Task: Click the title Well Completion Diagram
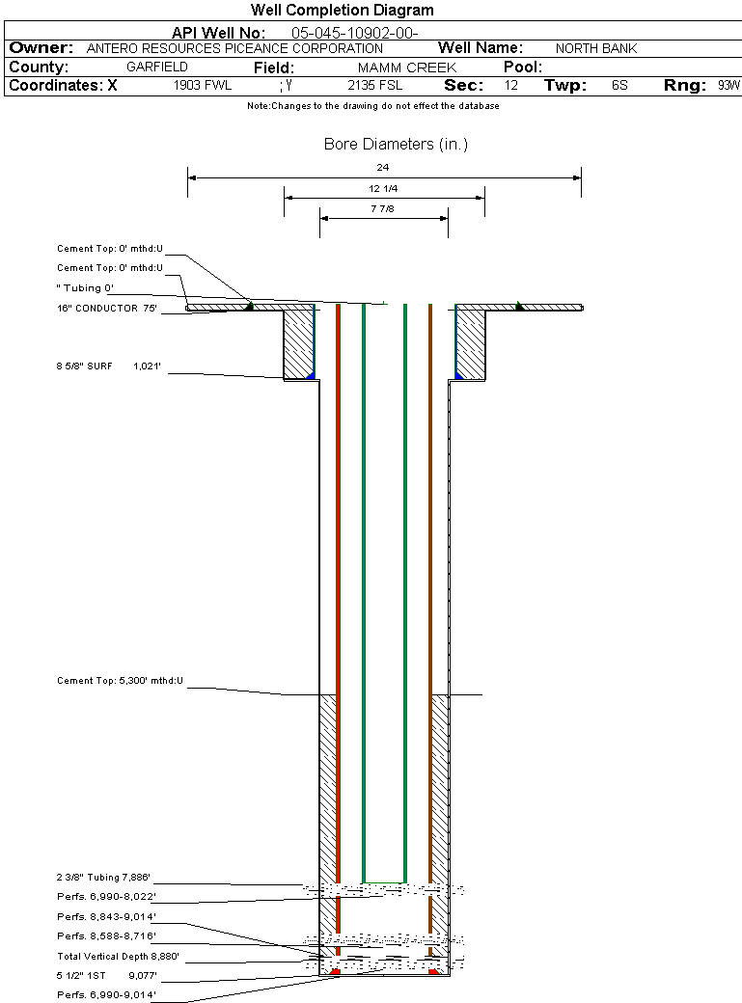[x=342, y=11]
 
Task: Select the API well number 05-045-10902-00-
[x=355, y=33]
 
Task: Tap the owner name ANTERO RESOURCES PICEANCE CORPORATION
[x=234, y=48]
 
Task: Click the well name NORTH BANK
[x=596, y=48]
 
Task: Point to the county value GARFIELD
[x=157, y=67]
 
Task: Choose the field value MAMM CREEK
[x=407, y=68]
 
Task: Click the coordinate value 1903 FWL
[x=203, y=85]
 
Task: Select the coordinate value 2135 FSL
[x=375, y=85]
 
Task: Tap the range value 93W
[x=728, y=85]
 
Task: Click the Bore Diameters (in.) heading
[x=396, y=145]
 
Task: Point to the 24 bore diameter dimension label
[x=383, y=168]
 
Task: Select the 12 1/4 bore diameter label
[x=383, y=189]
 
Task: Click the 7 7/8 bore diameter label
[x=382, y=209]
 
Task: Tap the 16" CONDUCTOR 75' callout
[x=107, y=309]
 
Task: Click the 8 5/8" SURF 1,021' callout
[x=108, y=366]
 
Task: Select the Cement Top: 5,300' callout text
[x=120, y=681]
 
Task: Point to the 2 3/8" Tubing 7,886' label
[x=103, y=878]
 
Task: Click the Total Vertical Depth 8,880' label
[x=118, y=957]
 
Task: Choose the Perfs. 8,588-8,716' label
[x=106, y=936]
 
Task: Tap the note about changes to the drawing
[x=373, y=106]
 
